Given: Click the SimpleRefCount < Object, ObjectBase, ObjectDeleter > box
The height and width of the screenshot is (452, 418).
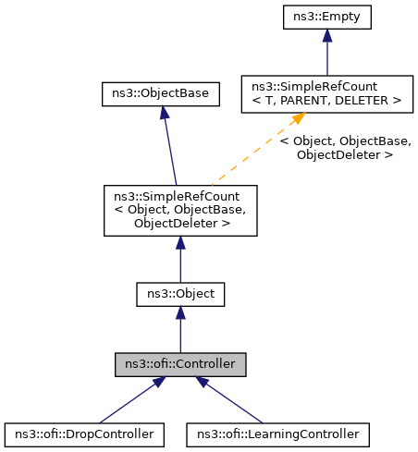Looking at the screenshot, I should [179, 210].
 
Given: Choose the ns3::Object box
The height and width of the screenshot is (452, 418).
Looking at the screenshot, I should [179, 294].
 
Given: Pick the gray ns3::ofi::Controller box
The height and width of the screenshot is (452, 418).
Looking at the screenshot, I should [179, 363].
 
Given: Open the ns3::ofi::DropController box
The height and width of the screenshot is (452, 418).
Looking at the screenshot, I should [84, 432].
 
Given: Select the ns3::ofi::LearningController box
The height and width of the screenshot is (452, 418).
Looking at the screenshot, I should [277, 432].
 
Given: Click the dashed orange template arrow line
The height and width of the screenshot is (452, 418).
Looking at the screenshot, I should [250, 152].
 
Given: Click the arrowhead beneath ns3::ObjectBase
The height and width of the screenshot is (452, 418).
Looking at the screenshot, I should [163, 112].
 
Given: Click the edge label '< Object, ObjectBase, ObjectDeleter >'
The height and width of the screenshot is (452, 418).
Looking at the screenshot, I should [344, 148].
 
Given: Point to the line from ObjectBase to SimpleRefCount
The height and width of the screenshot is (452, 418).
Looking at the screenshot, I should [169, 148].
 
